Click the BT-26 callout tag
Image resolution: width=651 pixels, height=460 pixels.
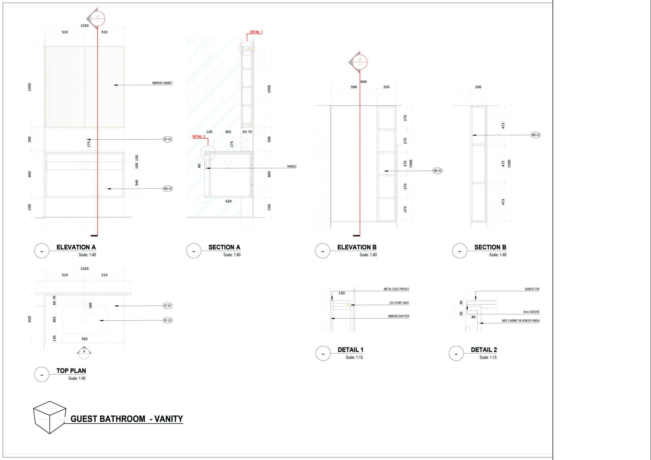(x=168, y=139)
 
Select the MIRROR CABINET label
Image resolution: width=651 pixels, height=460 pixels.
(x=162, y=83)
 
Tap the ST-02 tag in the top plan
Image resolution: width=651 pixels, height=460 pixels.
(x=168, y=306)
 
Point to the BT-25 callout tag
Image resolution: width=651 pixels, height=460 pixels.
(x=168, y=320)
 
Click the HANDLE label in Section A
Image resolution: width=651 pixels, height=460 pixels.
(x=292, y=167)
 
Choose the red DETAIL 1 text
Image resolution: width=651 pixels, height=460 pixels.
(x=256, y=32)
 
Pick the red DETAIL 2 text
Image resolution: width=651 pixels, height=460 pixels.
(x=199, y=136)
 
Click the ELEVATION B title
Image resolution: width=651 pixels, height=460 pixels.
(x=357, y=247)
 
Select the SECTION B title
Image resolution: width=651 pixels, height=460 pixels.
(x=490, y=247)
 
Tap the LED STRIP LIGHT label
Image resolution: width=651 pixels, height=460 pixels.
(x=399, y=303)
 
